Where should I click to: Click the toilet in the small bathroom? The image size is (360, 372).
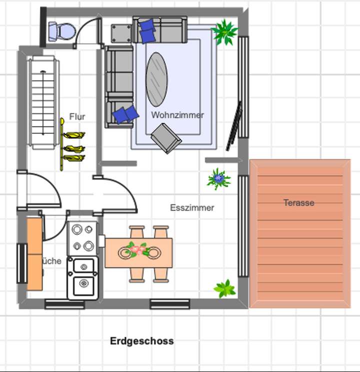pyautogui.click(x=61, y=31)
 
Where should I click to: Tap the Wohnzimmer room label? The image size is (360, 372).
pyautogui.click(x=177, y=115)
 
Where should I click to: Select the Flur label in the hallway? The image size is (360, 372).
pyautogui.click(x=77, y=117)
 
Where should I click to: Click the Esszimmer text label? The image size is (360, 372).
pyautogui.click(x=192, y=207)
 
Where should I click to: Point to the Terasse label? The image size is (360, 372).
pyautogui.click(x=298, y=203)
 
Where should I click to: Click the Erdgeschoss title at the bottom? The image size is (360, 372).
pyautogui.click(x=142, y=341)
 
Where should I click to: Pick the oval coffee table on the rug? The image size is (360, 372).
pyautogui.click(x=156, y=79)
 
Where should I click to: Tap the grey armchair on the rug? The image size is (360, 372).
pyautogui.click(x=166, y=138)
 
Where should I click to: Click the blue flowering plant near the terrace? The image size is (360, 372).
pyautogui.click(x=218, y=179)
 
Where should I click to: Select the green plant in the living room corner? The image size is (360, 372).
pyautogui.click(x=224, y=32)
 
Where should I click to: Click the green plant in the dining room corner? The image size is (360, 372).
pyautogui.click(x=224, y=289)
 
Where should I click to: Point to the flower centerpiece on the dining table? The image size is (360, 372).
pyautogui.click(x=138, y=249)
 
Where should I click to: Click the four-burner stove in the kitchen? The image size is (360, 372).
pyautogui.click(x=82, y=237)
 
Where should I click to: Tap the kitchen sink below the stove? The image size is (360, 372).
pyautogui.click(x=82, y=277)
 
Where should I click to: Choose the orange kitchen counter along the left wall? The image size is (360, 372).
pyautogui.click(x=34, y=253)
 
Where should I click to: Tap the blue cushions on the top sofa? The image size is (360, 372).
pyautogui.click(x=147, y=31)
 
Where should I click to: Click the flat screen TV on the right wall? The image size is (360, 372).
pyautogui.click(x=233, y=126)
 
